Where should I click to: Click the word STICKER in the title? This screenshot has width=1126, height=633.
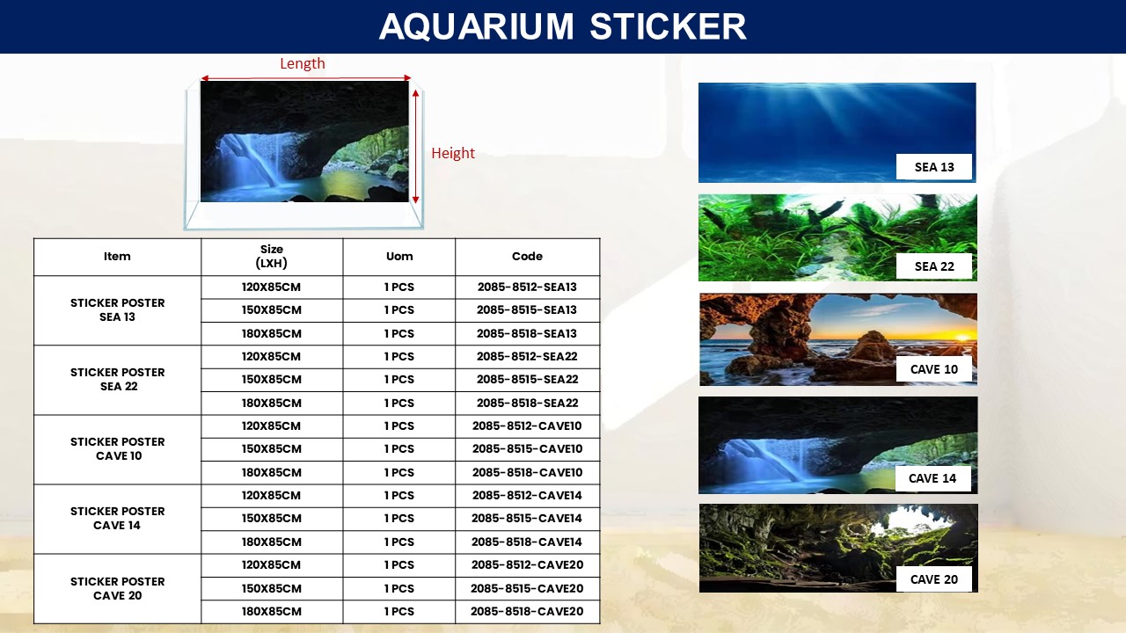668,26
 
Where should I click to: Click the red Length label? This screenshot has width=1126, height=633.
303,63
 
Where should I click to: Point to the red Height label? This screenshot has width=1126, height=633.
453,153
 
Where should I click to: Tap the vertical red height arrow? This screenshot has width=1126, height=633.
416,146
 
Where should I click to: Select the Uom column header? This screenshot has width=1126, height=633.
399,256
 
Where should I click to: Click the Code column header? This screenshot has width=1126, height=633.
527,256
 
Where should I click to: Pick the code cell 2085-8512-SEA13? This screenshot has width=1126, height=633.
527,287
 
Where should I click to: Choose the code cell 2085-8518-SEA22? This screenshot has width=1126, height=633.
527,403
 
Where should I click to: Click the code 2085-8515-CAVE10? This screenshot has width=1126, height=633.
527,448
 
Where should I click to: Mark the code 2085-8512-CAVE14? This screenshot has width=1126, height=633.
527,495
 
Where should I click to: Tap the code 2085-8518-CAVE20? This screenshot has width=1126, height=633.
527,611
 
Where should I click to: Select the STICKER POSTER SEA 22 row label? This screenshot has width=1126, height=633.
118,379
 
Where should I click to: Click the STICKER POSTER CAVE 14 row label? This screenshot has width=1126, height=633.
118,518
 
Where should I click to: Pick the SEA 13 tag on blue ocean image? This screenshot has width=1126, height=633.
934,167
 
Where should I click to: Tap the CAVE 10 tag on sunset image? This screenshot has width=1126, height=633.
934,369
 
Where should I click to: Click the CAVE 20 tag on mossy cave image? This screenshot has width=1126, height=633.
934,579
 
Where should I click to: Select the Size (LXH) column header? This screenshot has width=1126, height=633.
272,256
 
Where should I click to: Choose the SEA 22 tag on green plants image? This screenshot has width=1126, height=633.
934,266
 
